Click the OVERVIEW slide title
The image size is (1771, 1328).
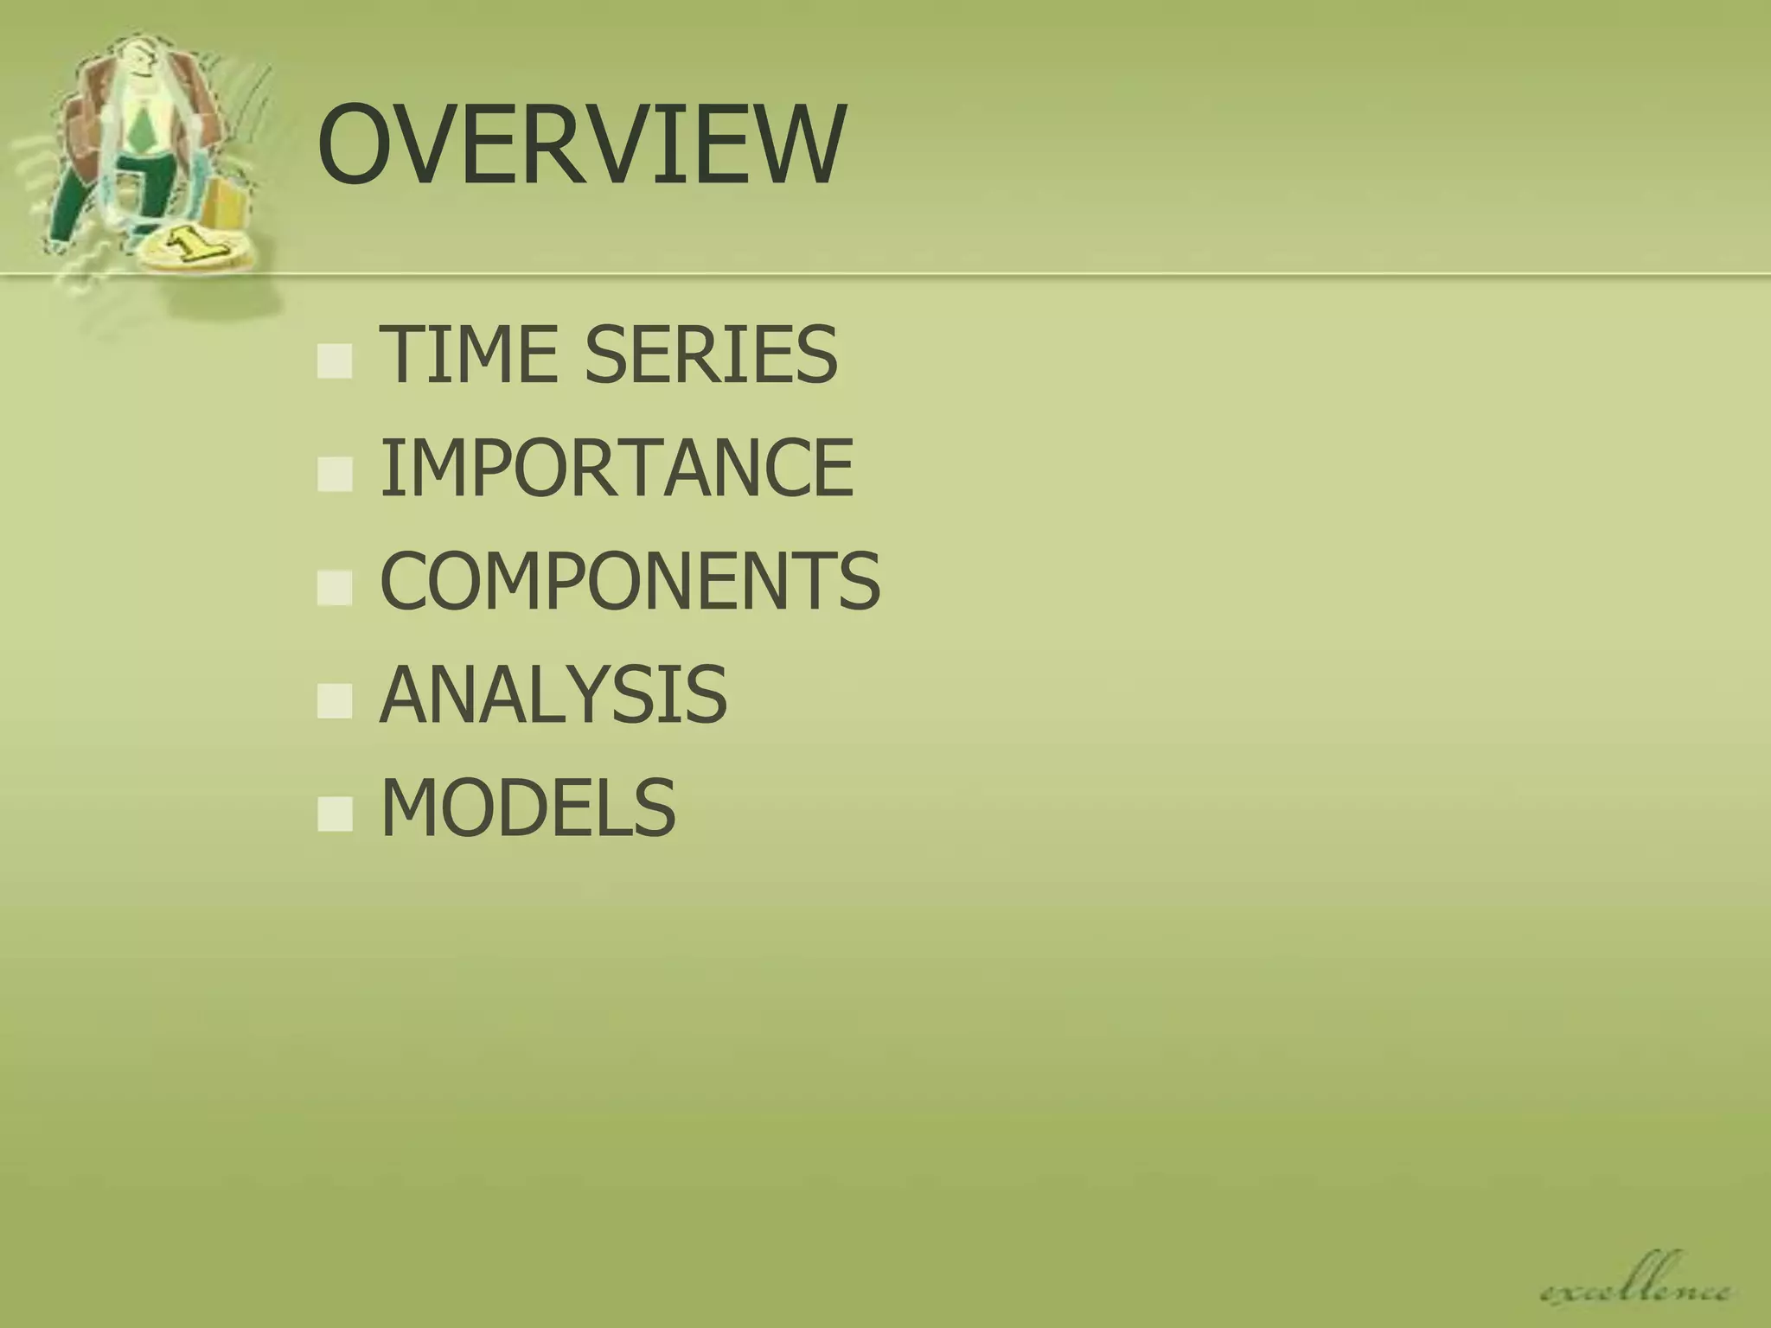[579, 144]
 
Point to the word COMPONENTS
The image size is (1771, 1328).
[630, 581]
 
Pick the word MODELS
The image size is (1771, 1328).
[527, 808]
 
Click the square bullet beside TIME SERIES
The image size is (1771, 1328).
[335, 361]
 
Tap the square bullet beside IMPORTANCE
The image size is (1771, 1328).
[335, 476]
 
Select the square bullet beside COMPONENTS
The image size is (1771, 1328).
[335, 589]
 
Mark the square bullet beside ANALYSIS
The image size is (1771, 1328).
[335, 702]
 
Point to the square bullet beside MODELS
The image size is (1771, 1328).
[335, 815]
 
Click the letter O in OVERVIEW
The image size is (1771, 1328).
[355, 144]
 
